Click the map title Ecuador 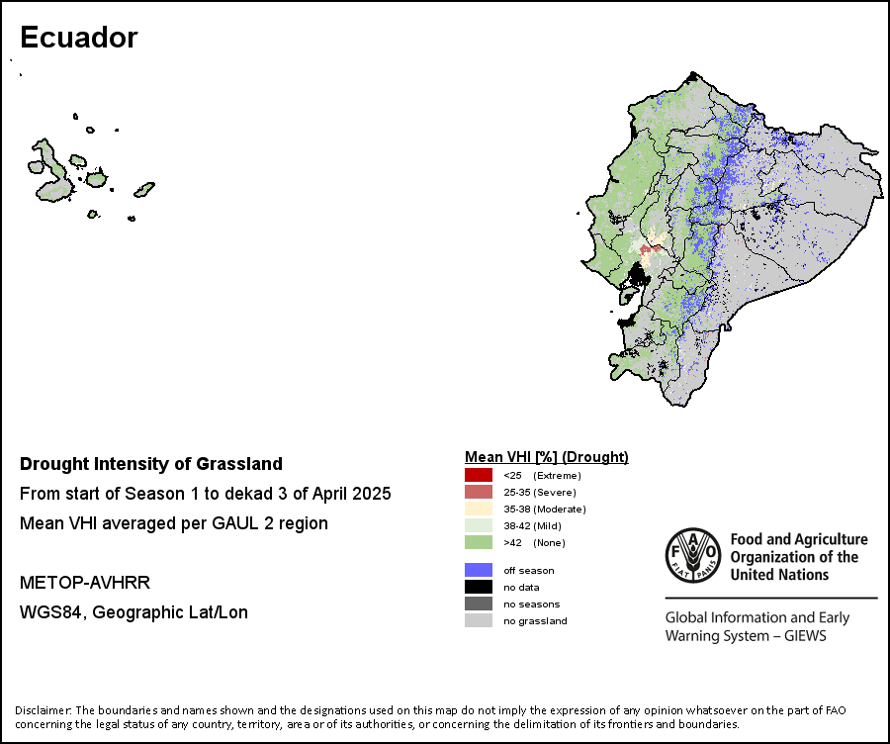[x=79, y=38]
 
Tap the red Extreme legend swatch [x=479, y=475]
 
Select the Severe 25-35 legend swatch [x=479, y=492]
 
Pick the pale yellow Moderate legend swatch [x=479, y=509]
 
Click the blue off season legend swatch [x=479, y=570]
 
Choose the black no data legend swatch [x=479, y=587]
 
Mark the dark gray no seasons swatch [x=479, y=604]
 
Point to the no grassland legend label [x=535, y=620]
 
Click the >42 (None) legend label [x=535, y=542]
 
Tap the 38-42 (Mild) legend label [x=532, y=526]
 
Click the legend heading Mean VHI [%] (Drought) [x=547, y=457]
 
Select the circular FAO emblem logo [x=693, y=555]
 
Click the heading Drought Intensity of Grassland [x=151, y=464]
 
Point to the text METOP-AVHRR [x=85, y=583]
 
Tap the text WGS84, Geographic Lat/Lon [x=133, y=612]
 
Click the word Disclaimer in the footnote [x=43, y=710]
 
